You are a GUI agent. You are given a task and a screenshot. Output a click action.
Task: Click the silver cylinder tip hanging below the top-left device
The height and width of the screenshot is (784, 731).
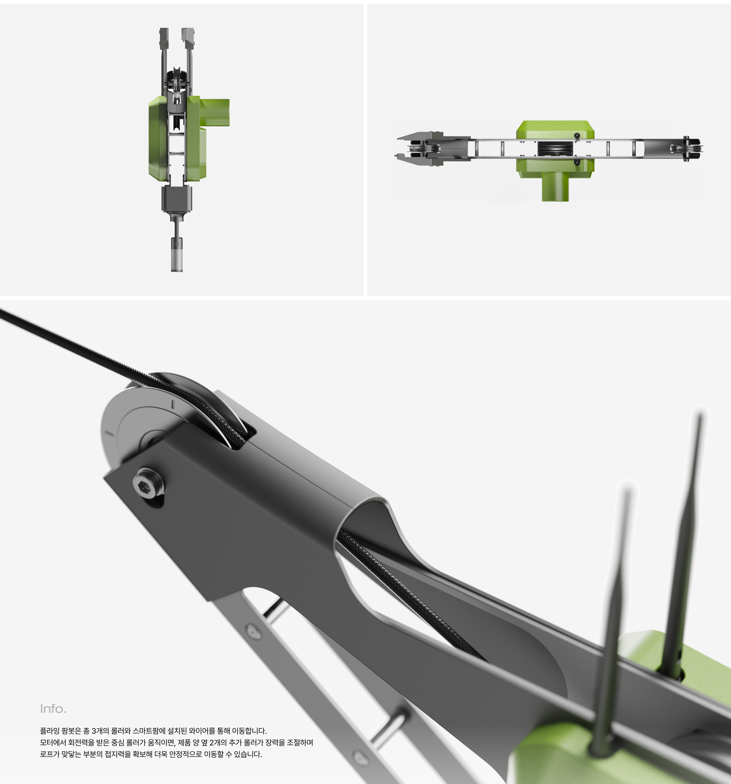coord(176,255)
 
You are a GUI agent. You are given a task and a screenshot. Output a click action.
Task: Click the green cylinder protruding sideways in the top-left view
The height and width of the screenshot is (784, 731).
coord(215,112)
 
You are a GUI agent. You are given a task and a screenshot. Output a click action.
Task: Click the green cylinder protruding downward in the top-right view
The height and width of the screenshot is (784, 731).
coord(555,187)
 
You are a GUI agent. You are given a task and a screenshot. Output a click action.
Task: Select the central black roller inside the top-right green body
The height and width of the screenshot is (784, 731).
coord(555,149)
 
